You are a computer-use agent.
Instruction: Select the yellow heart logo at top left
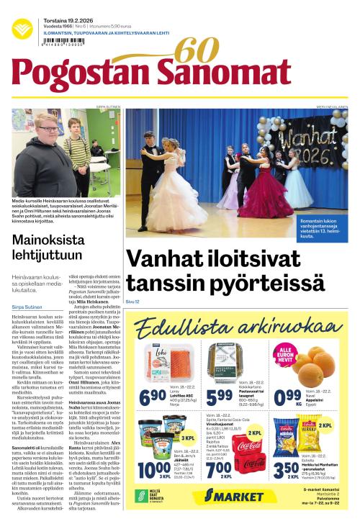[x=22, y=30]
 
